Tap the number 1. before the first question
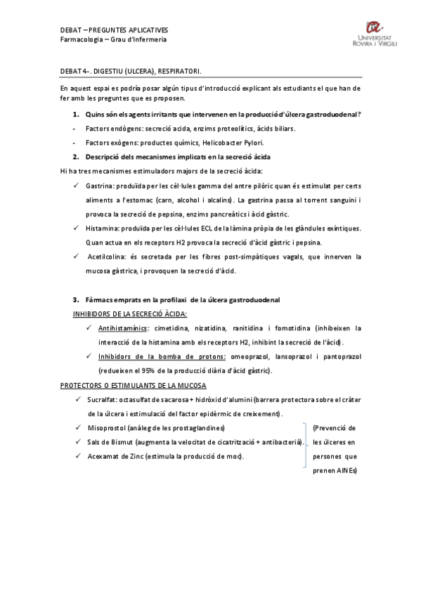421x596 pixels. coord(76,114)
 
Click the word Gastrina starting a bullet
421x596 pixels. coord(99,186)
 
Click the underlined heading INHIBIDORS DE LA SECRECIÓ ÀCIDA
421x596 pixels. coord(130,313)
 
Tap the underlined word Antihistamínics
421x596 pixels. coord(122,328)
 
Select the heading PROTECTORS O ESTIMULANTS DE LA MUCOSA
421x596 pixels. coord(133,385)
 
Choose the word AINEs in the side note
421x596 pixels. coord(346,471)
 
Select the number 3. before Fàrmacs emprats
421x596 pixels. coord(76,299)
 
